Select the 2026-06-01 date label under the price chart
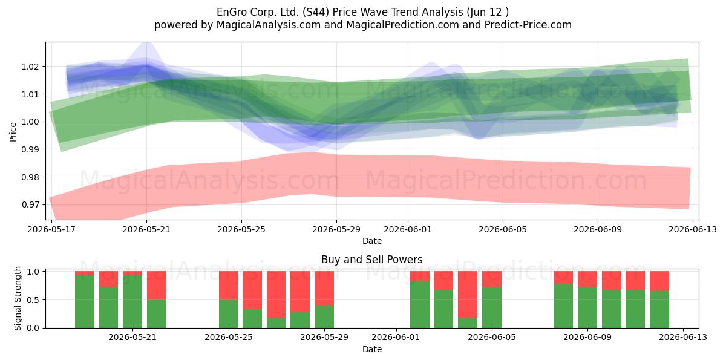tap(408, 229)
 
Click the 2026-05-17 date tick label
tap(51, 229)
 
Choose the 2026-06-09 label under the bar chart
tap(587, 337)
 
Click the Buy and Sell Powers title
tap(371, 260)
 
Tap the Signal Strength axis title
tap(18, 298)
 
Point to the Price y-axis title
tap(13, 132)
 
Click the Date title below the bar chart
tap(371, 350)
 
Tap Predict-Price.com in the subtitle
tap(528, 25)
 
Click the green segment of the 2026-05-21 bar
tap(132, 301)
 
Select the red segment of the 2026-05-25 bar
tap(228, 285)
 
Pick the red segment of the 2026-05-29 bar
tap(324, 289)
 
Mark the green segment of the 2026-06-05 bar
tap(492, 307)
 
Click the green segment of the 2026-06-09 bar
tap(587, 307)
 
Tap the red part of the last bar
tap(659, 281)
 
